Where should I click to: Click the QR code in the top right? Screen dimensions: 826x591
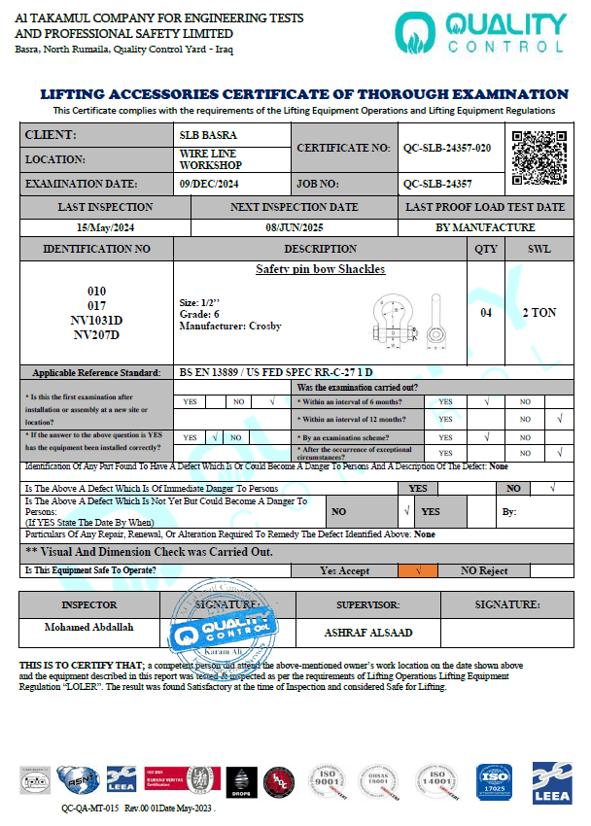coord(539,158)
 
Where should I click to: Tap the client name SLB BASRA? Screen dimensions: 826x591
coord(208,135)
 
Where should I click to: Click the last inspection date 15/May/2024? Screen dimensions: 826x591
coord(105,227)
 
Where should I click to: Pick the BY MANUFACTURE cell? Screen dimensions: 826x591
coord(484,227)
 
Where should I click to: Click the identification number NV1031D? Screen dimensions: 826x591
coord(97,320)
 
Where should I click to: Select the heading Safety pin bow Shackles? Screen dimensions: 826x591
coord(320,269)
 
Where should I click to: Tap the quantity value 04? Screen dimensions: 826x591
coord(486,313)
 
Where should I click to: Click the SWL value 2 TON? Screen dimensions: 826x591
coord(539,313)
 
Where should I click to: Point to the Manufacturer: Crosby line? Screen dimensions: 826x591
coord(230,327)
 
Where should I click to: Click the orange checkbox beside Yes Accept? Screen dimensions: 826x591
coord(418,570)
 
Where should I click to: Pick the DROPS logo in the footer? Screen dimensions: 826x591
coord(243,781)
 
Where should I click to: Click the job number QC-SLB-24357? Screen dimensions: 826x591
coord(437,183)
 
